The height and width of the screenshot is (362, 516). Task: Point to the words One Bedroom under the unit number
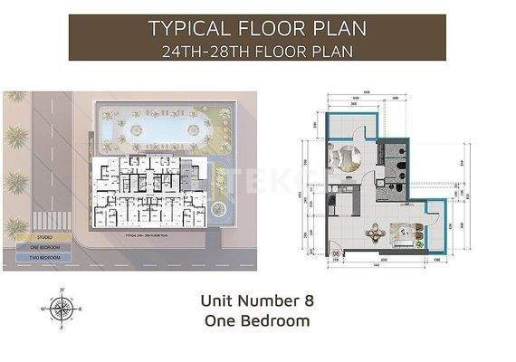(x=257, y=319)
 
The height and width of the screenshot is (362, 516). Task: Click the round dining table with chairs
(x=374, y=233)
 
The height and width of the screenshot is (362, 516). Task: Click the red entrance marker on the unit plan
(x=336, y=254)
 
